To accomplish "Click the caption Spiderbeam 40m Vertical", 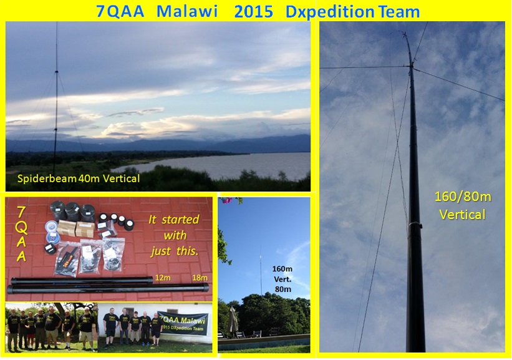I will [x=73, y=179].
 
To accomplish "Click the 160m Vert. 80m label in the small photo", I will [x=283, y=279].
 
